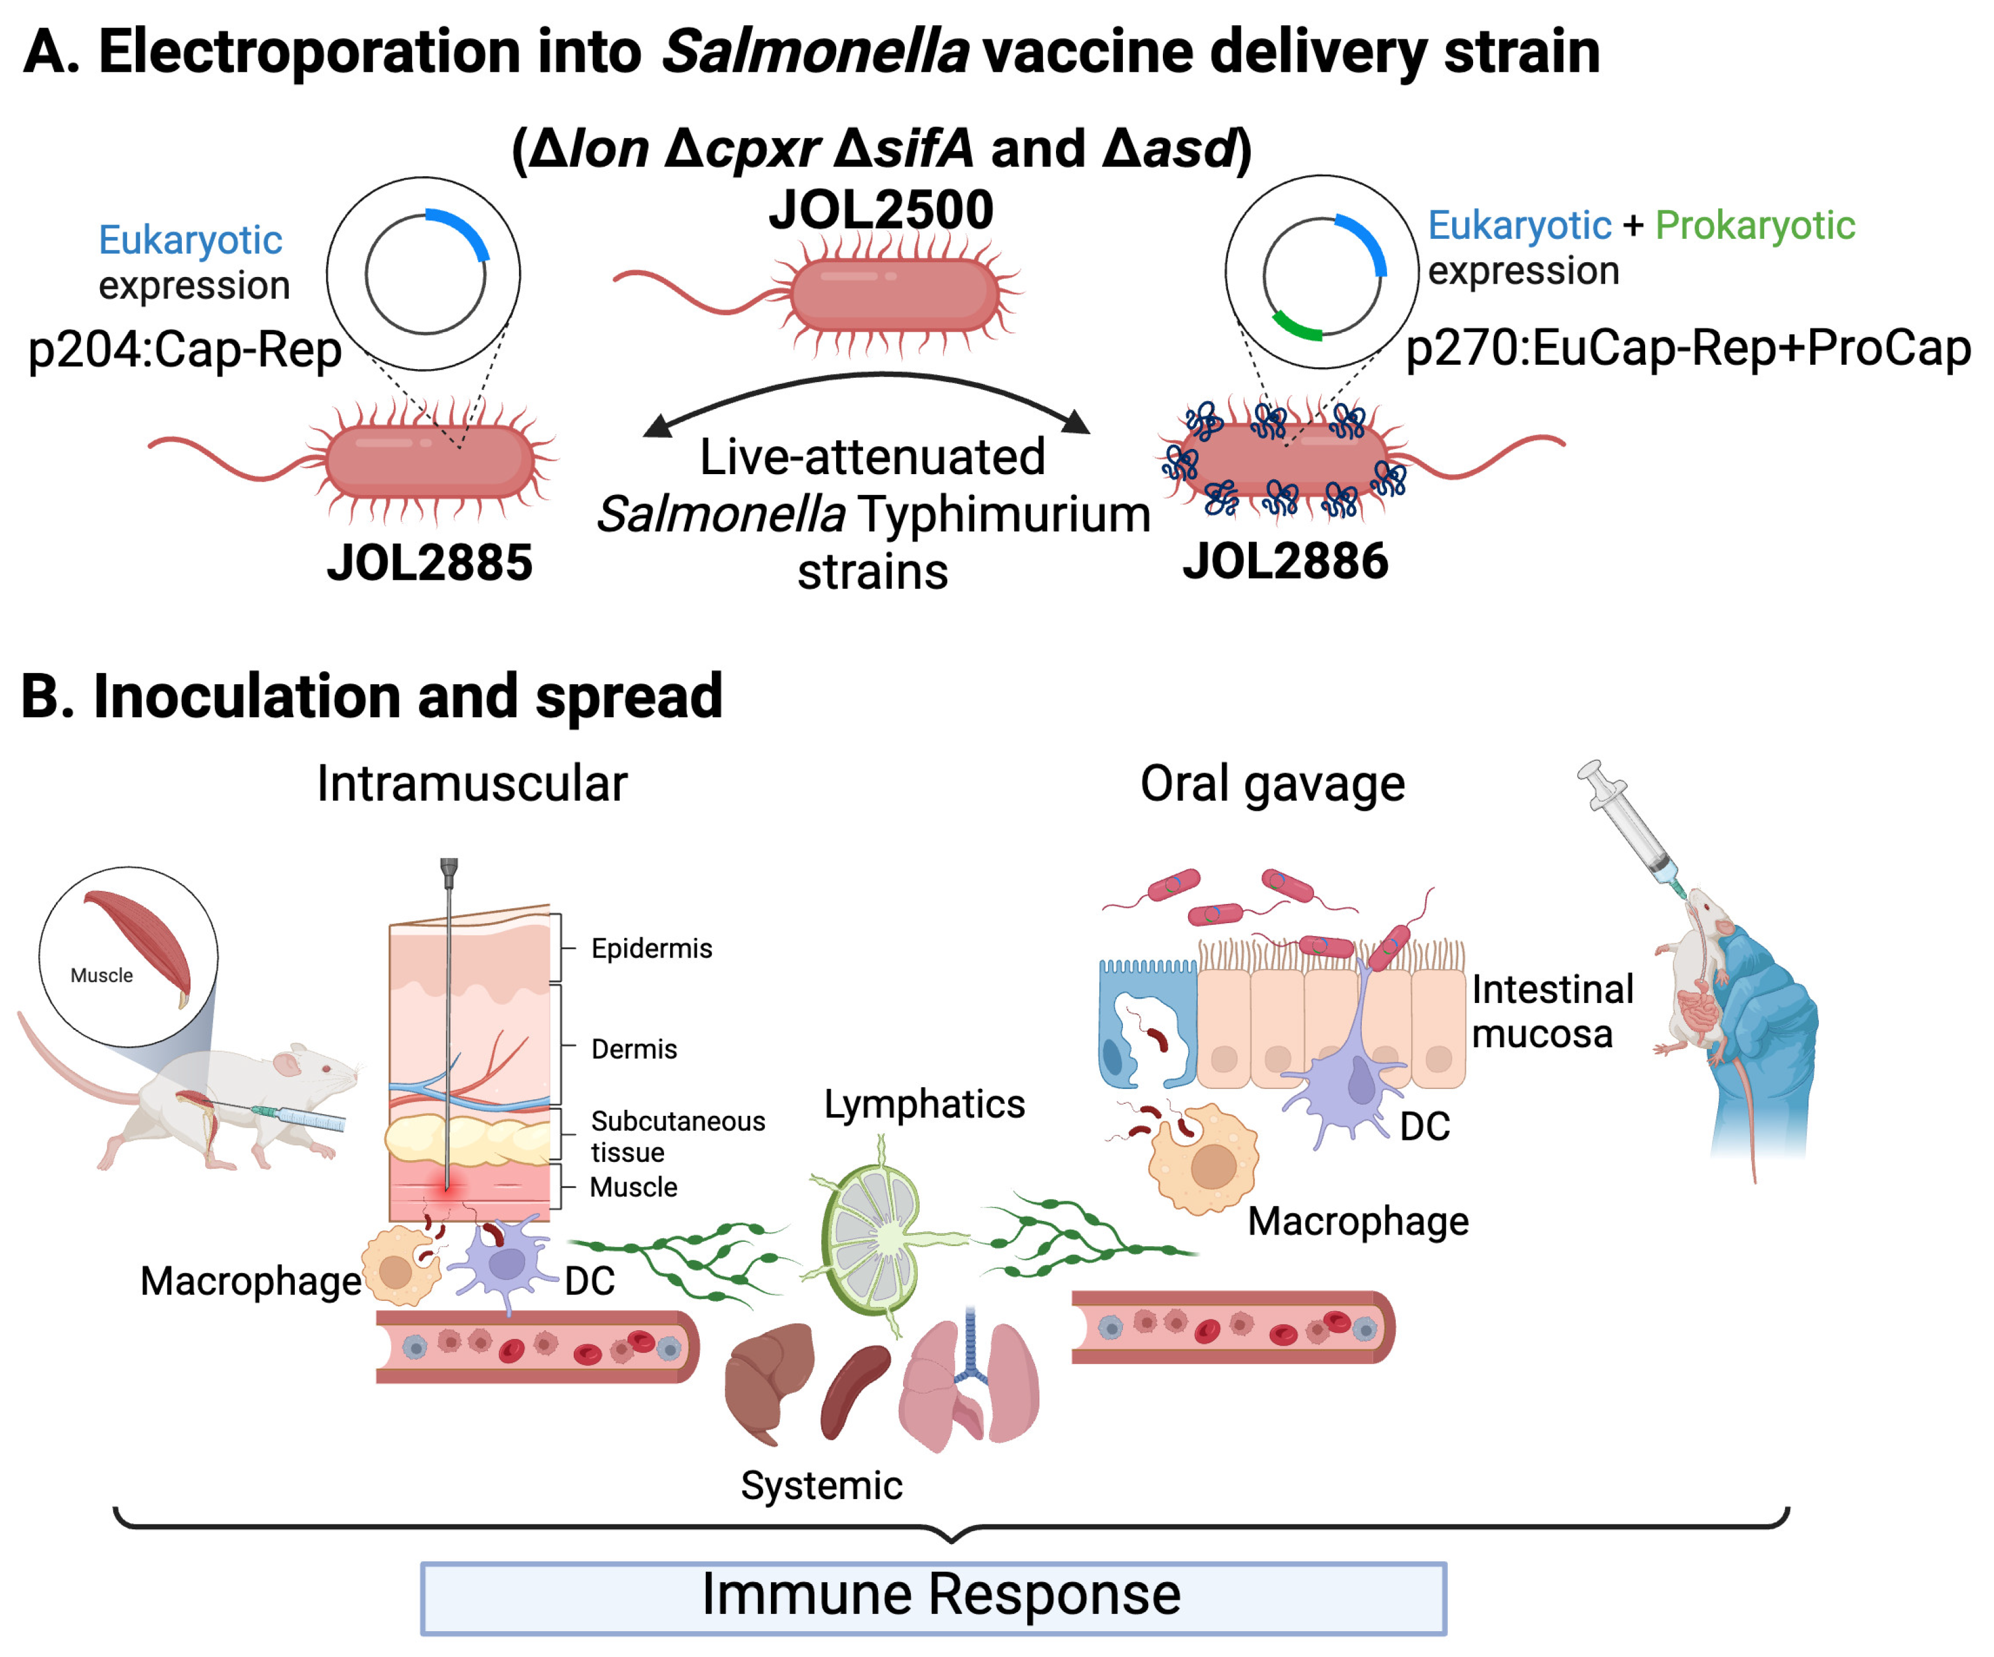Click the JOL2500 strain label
(x=880, y=210)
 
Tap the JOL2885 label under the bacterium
(x=429, y=563)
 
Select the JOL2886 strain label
(x=1284, y=561)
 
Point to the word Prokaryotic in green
(x=1754, y=226)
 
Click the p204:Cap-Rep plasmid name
(x=184, y=349)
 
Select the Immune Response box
(x=933, y=1598)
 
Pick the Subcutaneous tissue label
(x=676, y=1136)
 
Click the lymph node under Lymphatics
(x=874, y=1239)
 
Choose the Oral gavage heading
(x=1272, y=784)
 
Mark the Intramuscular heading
(x=472, y=784)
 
